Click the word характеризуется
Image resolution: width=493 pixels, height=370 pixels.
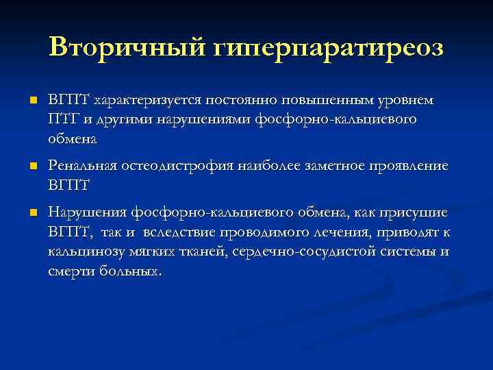point(141,101)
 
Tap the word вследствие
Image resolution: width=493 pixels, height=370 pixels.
point(179,232)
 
